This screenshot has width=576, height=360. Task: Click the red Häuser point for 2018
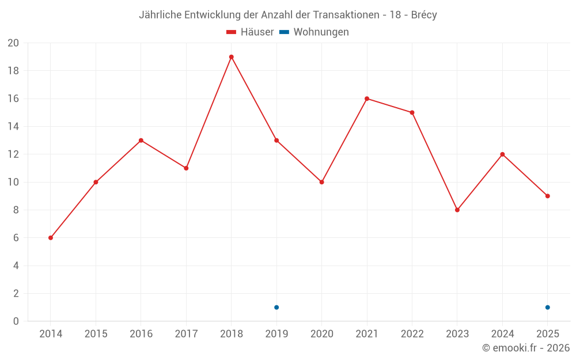pos(231,57)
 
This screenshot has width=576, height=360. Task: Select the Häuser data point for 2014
pos(51,238)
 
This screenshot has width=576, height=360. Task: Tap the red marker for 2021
pos(367,98)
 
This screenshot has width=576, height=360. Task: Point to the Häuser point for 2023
pos(457,210)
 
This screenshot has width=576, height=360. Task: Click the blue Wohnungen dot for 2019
pos(276,307)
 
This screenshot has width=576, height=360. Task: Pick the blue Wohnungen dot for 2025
pos(547,307)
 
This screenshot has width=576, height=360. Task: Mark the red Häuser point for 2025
pos(547,196)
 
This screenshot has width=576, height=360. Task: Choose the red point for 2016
pos(141,141)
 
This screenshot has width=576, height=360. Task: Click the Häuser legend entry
pos(250,32)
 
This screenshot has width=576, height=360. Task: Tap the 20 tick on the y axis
pos(13,43)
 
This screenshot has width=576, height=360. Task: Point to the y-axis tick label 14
pos(13,127)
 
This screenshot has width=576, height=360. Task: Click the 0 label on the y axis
pos(16,321)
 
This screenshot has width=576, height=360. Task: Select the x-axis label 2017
pos(186,334)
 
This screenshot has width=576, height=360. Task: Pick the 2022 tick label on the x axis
pos(412,334)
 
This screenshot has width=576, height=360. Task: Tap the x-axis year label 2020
pos(321,334)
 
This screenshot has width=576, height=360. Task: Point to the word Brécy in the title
pos(424,15)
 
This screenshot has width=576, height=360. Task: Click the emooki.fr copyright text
pos(526,348)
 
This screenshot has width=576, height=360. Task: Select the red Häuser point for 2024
pos(502,154)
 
